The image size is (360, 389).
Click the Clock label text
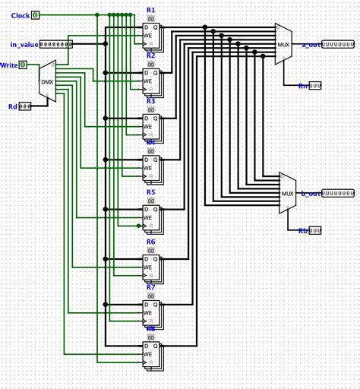pyautogui.click(x=21, y=15)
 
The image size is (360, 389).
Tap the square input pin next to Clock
pyautogui.click(x=35, y=14)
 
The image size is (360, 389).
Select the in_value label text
pyautogui.click(x=24, y=44)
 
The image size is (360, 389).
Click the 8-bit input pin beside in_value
pyautogui.click(x=55, y=44)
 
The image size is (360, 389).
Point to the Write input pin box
pyautogui.click(x=23, y=65)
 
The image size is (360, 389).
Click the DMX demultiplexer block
pyautogui.click(x=47, y=81)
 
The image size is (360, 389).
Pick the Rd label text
pyautogui.click(x=12, y=106)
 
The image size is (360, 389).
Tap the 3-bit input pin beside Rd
pyautogui.click(x=25, y=106)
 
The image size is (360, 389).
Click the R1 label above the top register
pyautogui.click(x=150, y=10)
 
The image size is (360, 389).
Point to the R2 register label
pyautogui.click(x=150, y=55)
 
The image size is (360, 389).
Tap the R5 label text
pyautogui.click(x=150, y=192)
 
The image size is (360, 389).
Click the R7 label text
pyautogui.click(x=150, y=287)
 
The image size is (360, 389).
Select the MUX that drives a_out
pyautogui.click(x=283, y=44)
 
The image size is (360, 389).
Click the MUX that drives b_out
pyautogui.click(x=287, y=193)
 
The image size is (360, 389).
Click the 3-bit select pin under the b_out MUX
pyautogui.click(x=314, y=230)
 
